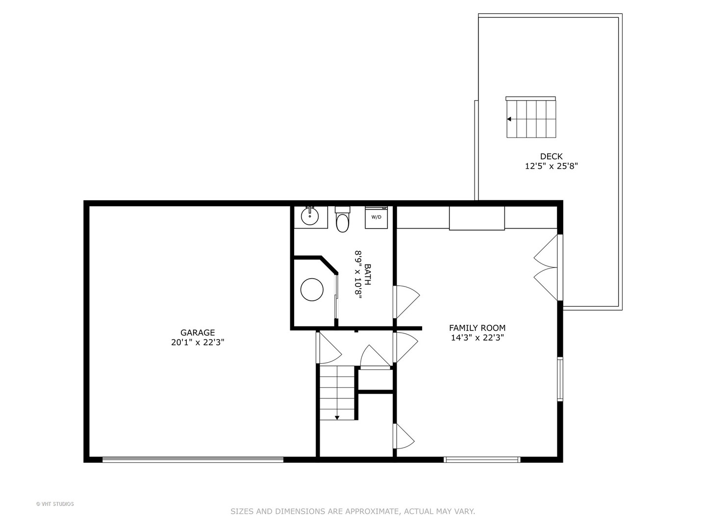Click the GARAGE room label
(197, 332)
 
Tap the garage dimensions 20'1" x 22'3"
(197, 342)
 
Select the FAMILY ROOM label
(477, 328)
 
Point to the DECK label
(551, 157)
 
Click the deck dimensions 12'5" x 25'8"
(551, 166)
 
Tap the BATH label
(367, 274)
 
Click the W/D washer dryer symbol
(376, 217)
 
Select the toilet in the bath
(342, 219)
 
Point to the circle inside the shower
(312, 290)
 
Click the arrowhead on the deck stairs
(509, 119)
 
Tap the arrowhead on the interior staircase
(337, 418)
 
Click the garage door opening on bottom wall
(193, 459)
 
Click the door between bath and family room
(406, 302)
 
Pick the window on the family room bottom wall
(482, 459)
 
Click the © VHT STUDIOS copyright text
(55, 504)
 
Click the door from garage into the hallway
(328, 347)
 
